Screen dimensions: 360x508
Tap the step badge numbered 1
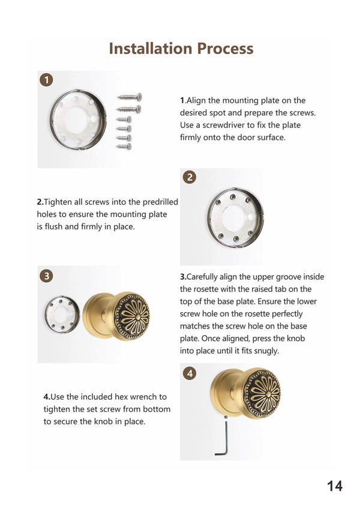click(46, 80)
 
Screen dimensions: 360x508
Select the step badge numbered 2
click(190, 177)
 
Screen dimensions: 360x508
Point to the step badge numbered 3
click(46, 276)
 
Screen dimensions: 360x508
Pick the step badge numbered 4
click(190, 373)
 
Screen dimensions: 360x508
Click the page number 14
click(334, 486)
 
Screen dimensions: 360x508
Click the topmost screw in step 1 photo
click(130, 97)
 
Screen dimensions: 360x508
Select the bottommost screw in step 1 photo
click(124, 147)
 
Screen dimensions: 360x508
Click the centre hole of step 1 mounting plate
click(76, 120)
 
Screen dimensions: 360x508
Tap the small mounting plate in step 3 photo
click(62, 314)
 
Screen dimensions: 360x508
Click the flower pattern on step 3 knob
click(133, 316)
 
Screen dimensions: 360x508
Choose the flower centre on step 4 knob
click(268, 393)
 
